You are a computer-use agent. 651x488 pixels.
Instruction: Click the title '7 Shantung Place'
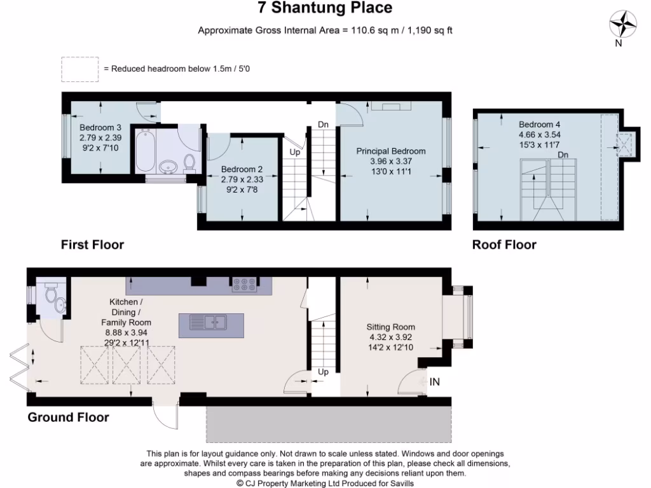point(325,8)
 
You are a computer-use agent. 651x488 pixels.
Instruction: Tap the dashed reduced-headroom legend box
point(79,69)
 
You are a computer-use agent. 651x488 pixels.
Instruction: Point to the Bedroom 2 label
point(242,170)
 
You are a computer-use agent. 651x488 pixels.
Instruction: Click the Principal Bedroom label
point(390,151)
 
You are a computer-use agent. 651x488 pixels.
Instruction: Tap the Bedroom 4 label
point(539,125)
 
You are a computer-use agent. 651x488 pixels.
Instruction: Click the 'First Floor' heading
point(92,245)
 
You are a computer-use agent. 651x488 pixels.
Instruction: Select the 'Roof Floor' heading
point(504,245)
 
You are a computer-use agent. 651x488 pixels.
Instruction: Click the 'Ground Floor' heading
point(68,417)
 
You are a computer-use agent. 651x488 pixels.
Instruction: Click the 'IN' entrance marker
point(435,381)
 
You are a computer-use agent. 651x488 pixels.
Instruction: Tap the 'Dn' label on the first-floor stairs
point(323,125)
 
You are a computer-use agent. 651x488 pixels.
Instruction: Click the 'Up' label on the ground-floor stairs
point(323,372)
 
